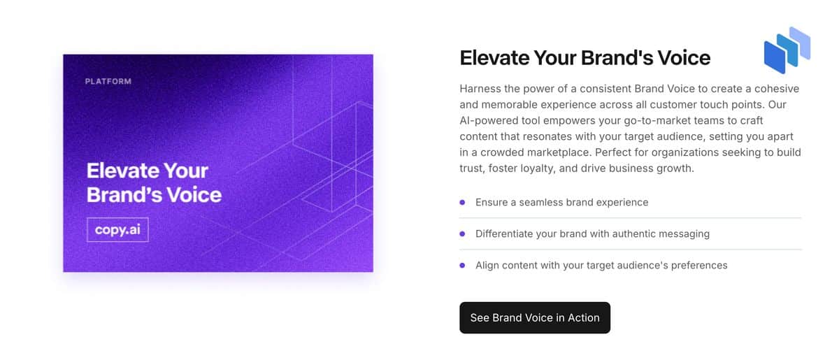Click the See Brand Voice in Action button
click(x=534, y=317)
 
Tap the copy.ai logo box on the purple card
click(x=117, y=230)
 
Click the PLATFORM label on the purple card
click(x=108, y=81)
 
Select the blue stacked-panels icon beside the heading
click(x=787, y=50)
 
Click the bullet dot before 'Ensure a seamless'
click(x=462, y=202)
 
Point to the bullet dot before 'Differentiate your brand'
click(x=462, y=233)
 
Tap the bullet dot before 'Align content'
click(x=462, y=265)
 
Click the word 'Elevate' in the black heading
click(x=494, y=58)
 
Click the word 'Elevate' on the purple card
click(x=122, y=171)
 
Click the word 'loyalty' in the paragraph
click(x=538, y=168)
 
